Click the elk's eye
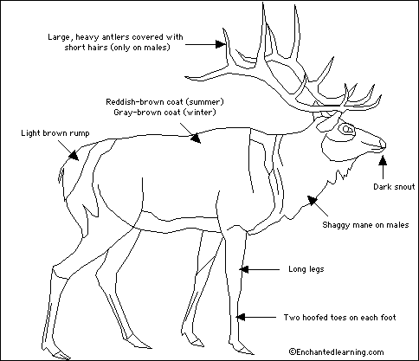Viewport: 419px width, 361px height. point(346,129)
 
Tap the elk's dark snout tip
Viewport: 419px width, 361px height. point(383,145)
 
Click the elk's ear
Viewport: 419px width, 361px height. point(326,122)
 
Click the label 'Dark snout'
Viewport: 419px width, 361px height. point(394,187)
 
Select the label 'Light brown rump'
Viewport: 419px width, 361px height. point(55,133)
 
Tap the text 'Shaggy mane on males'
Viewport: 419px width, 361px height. point(365,225)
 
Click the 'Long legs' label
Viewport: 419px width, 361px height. point(306,269)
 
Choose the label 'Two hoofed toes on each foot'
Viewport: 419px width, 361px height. point(339,318)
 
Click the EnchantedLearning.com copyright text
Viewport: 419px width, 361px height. point(337,351)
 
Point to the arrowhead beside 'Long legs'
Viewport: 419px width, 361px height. point(244,269)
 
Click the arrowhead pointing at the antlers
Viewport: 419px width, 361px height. point(221,44)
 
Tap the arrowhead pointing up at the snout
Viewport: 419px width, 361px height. point(383,160)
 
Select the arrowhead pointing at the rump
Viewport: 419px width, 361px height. point(74,156)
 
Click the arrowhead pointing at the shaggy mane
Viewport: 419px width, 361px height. point(313,200)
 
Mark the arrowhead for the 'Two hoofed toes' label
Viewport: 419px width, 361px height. point(241,317)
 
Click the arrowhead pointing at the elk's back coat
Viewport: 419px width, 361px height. point(196,138)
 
